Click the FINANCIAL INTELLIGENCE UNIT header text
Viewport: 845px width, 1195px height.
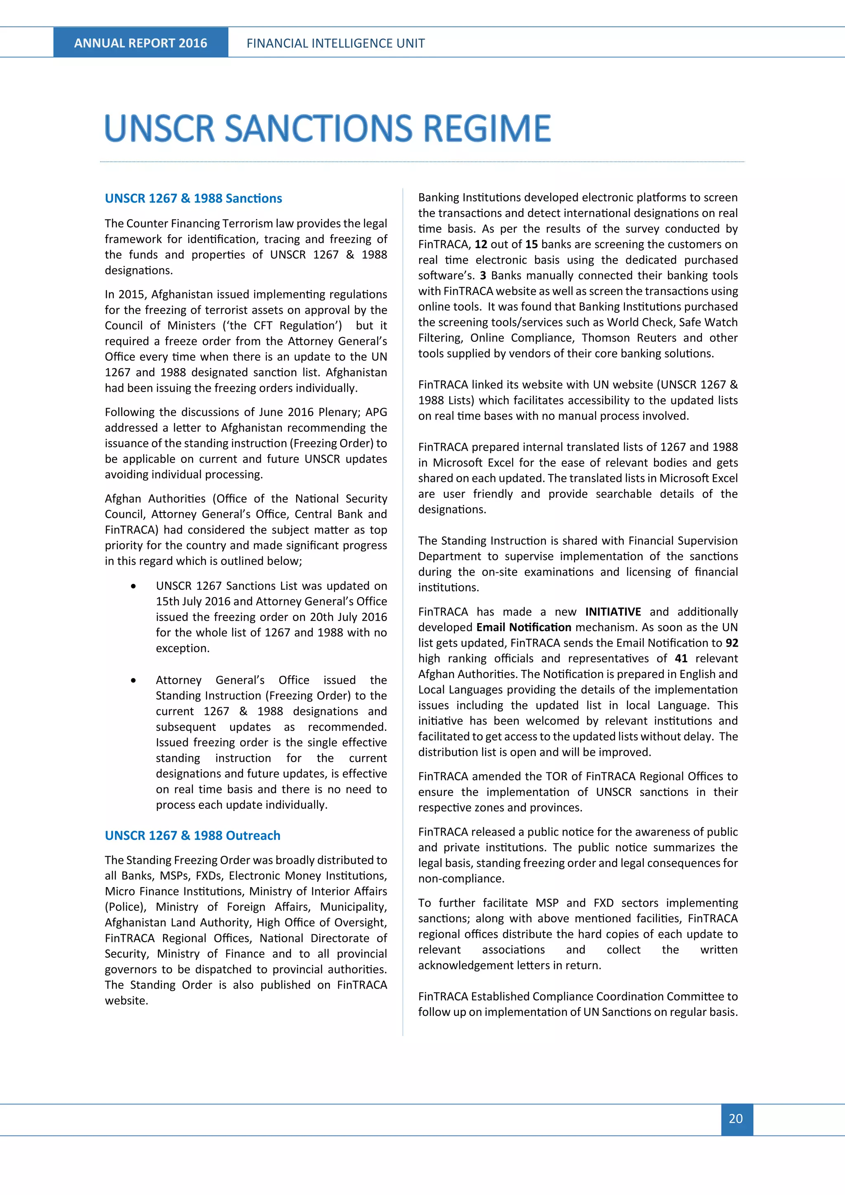click(x=335, y=43)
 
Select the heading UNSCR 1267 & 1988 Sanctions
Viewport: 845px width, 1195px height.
click(x=193, y=198)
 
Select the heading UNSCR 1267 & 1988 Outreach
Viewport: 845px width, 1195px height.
click(x=193, y=835)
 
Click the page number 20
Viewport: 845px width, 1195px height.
click(x=736, y=1119)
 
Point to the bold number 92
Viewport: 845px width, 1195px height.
click(x=732, y=643)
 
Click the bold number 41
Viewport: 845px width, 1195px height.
click(x=681, y=659)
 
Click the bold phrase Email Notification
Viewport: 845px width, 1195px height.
click(x=524, y=627)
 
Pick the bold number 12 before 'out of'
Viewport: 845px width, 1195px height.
click(x=481, y=244)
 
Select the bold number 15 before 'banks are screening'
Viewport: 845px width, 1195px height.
click(x=531, y=244)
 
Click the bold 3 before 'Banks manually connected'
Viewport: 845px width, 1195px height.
click(x=482, y=275)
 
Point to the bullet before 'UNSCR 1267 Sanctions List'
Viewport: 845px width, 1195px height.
click(x=134, y=586)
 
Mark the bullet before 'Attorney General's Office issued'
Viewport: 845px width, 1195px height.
click(x=134, y=680)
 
